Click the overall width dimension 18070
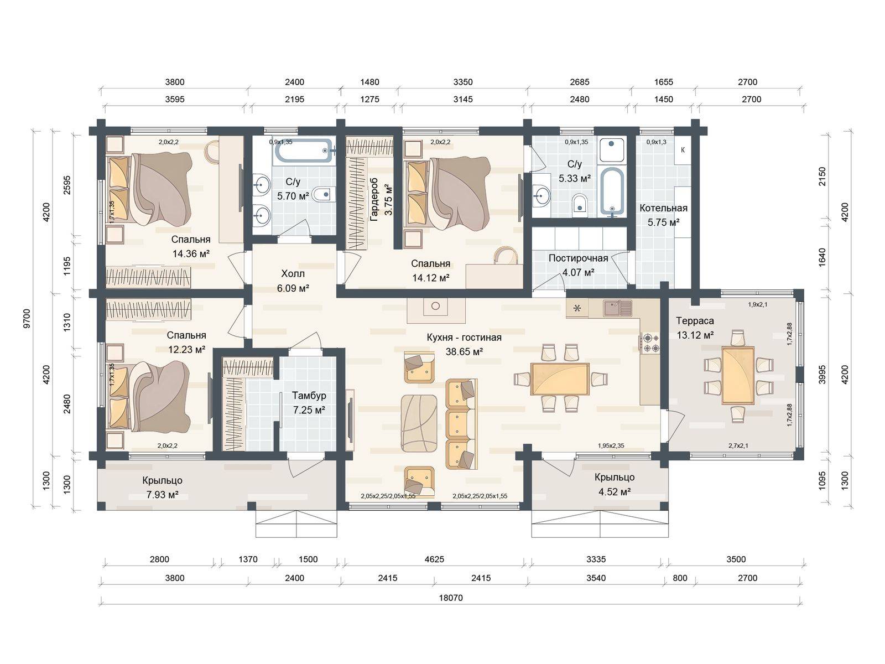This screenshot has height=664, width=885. (x=450, y=598)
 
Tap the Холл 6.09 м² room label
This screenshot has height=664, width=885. (x=293, y=281)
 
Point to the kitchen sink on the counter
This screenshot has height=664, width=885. (x=618, y=308)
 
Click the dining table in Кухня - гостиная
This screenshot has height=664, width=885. (x=560, y=378)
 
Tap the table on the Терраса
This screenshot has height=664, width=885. (x=738, y=375)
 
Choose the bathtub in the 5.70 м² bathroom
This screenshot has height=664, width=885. (x=304, y=151)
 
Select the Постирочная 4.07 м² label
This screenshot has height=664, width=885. (x=578, y=265)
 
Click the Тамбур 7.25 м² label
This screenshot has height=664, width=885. (x=309, y=403)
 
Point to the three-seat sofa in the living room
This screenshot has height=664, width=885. (x=461, y=424)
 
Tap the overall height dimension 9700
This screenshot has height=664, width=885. (x=27, y=319)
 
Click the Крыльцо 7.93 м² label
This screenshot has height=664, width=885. (x=162, y=487)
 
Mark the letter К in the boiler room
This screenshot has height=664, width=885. (x=683, y=150)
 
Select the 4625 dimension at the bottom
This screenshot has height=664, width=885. (x=434, y=559)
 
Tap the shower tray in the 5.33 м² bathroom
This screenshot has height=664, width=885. (x=612, y=149)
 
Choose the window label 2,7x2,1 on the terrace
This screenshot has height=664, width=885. (x=738, y=445)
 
